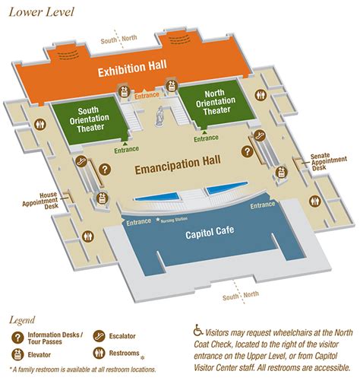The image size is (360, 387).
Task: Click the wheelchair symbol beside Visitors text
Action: pos(199,330)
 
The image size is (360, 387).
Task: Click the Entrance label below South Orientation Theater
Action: pos(128,150)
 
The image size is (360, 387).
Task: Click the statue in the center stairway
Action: pos(160,116)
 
